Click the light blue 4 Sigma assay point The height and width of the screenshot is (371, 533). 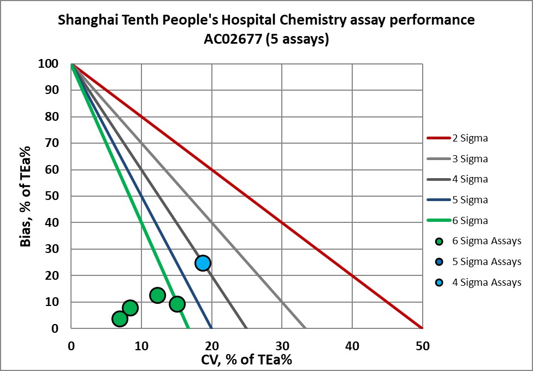[x=203, y=263]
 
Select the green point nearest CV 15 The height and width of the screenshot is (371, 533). [x=177, y=304]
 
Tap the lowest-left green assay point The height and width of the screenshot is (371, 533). [x=120, y=319]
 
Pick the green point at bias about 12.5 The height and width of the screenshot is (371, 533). [x=157, y=296]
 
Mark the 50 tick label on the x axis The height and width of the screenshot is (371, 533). [x=422, y=346]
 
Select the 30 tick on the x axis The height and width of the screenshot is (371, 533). [x=282, y=346]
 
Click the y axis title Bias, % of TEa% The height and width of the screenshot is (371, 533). [x=26, y=196]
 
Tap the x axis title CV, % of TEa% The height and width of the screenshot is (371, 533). [x=247, y=360]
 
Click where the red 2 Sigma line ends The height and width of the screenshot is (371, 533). [x=422, y=328]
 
